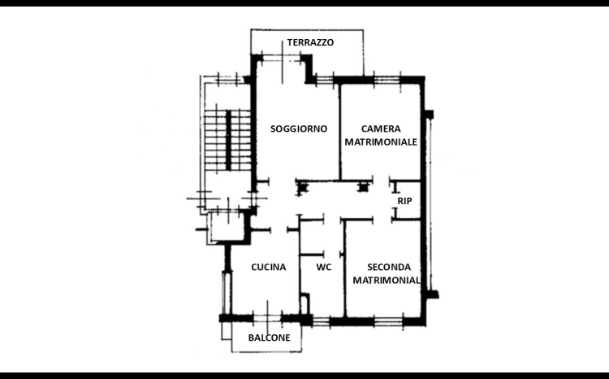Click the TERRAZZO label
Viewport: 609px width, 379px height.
pos(310,42)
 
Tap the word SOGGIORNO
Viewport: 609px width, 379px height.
pos(299,129)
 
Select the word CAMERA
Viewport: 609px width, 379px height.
pos(381,129)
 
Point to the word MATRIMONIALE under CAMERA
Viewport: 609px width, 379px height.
pos(381,142)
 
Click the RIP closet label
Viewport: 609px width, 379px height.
pos(404,201)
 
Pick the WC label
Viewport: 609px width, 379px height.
pos(323,268)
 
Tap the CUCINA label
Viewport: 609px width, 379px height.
pos(269,268)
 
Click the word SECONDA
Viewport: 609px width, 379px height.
pos(389,268)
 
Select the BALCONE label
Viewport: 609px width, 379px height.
pos(269,338)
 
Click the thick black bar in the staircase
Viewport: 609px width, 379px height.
pos(229,140)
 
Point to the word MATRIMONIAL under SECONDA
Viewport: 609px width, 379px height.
pos(386,280)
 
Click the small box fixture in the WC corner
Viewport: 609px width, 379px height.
pos(305,303)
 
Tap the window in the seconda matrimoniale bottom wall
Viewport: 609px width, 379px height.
pos(388,321)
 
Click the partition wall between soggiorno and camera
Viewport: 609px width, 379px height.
pos(340,132)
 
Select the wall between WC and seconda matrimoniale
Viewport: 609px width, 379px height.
pos(344,268)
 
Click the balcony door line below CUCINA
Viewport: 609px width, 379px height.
pos(267,316)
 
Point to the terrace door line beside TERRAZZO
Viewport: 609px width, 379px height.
pos(283,63)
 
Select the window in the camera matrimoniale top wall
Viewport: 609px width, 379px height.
pos(387,81)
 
